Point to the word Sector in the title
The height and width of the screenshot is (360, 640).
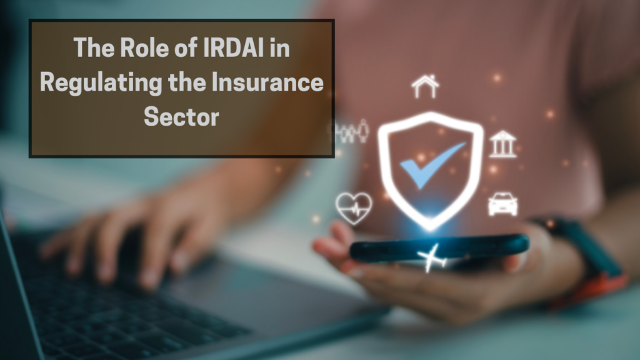(181, 117)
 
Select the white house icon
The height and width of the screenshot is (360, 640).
(426, 87)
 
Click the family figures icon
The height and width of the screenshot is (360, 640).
(353, 132)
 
